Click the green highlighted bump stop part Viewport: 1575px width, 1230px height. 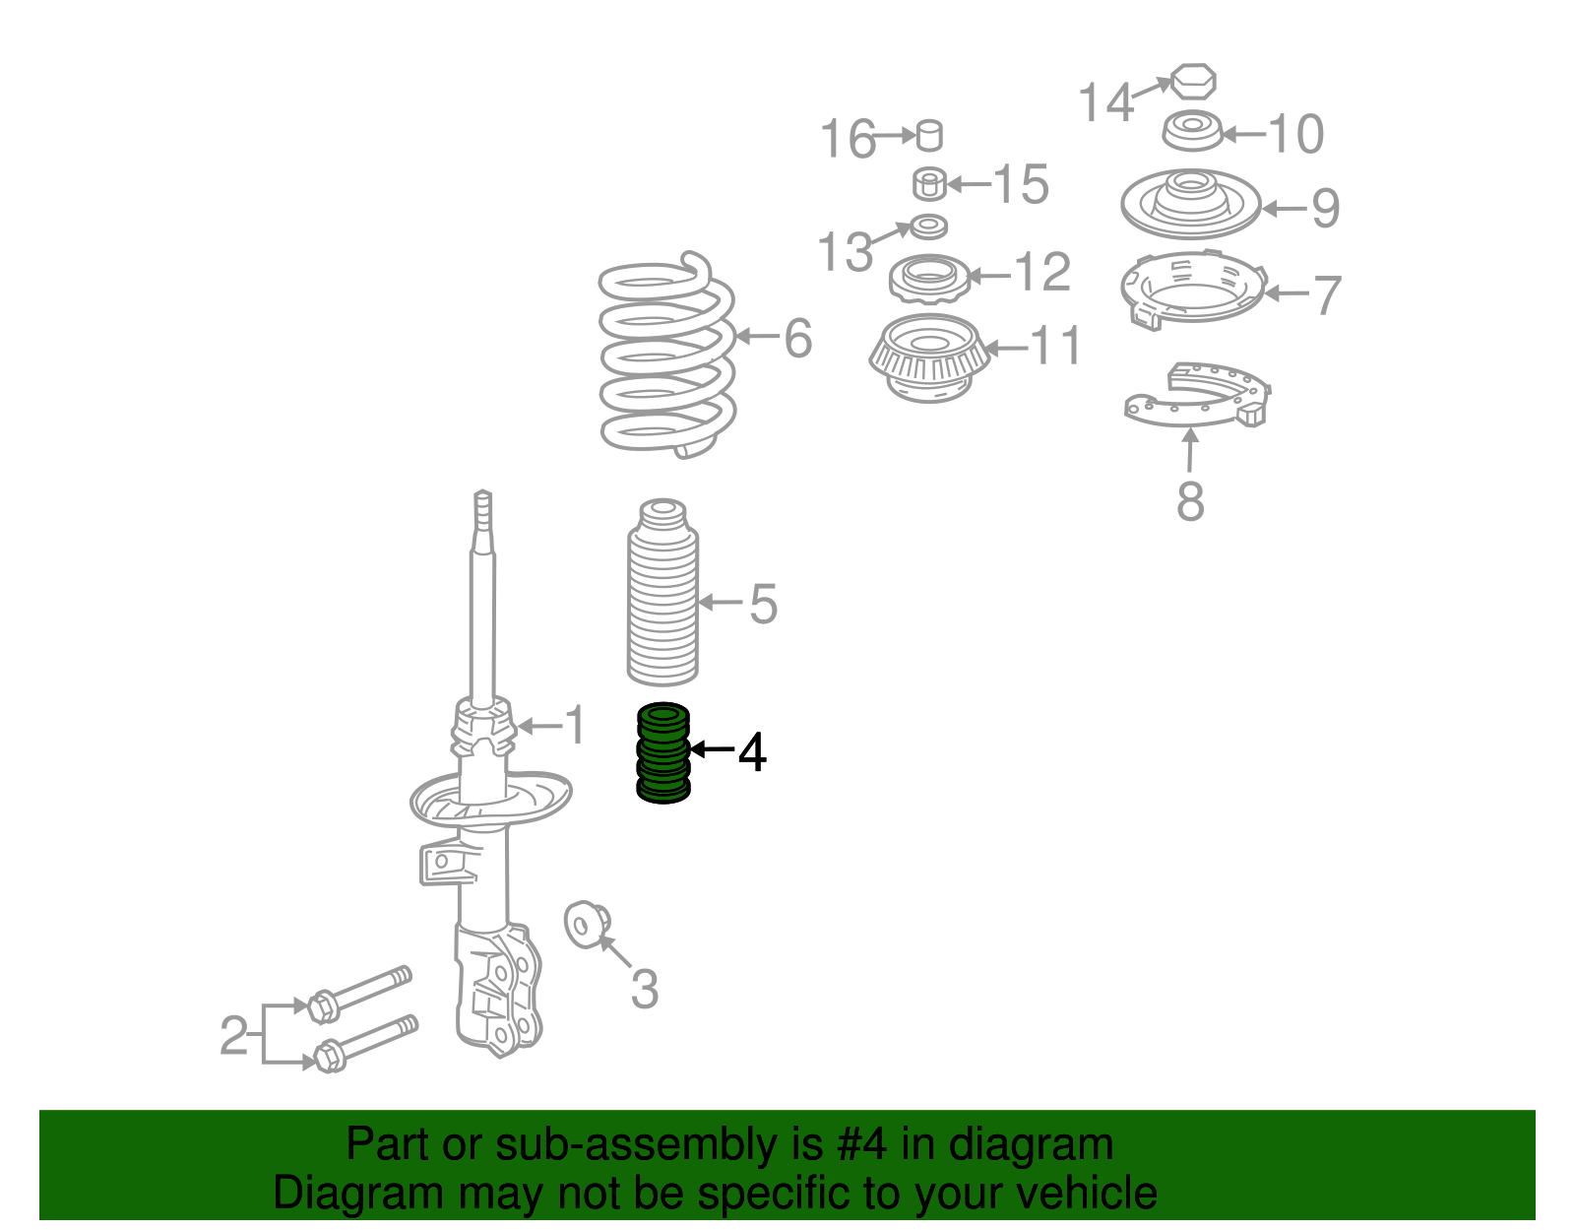[x=662, y=752]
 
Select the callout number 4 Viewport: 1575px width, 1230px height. [x=752, y=752]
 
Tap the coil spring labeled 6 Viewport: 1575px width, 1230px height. [x=667, y=356]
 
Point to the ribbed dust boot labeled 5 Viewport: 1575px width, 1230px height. [x=662, y=592]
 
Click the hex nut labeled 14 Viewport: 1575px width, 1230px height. [x=1193, y=81]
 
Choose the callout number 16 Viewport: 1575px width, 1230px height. [x=848, y=139]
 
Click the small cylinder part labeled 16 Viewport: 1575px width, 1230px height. [x=929, y=136]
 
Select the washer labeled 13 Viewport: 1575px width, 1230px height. [x=928, y=227]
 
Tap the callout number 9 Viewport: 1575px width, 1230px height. [x=1326, y=208]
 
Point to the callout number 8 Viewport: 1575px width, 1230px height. [x=1190, y=501]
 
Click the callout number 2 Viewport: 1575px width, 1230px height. [x=234, y=1035]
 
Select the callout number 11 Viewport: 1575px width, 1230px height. [x=1056, y=345]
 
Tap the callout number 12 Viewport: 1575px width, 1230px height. [x=1043, y=273]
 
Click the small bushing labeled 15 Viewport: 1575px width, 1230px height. [x=929, y=184]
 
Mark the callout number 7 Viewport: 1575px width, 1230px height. [x=1327, y=295]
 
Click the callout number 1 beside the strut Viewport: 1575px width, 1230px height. [x=575, y=725]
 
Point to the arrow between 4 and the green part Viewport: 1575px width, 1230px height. [x=712, y=748]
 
